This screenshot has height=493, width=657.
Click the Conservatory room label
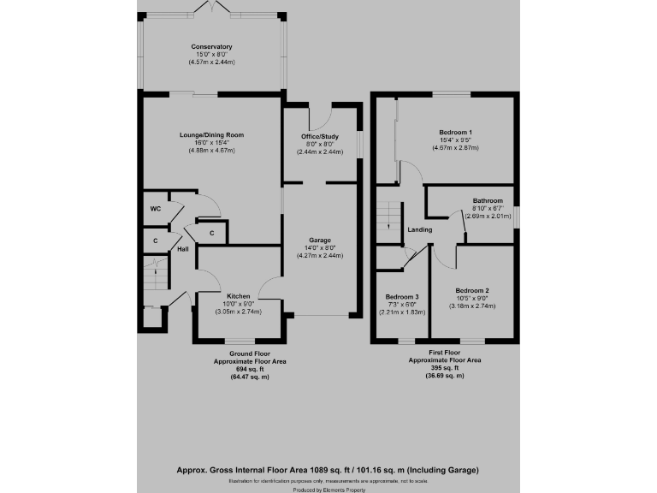click(x=212, y=46)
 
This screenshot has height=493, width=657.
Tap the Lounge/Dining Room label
click(x=212, y=135)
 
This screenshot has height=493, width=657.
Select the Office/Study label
click(x=321, y=137)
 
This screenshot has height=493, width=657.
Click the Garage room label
click(x=321, y=241)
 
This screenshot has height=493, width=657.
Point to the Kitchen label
click(x=238, y=296)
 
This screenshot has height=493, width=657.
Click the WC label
click(x=156, y=209)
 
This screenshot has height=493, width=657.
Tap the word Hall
click(x=182, y=249)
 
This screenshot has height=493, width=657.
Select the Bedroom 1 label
click(x=455, y=133)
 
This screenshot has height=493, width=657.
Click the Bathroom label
click(x=488, y=200)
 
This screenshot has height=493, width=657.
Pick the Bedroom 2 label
click(x=472, y=290)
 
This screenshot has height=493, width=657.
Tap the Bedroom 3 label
click(x=402, y=297)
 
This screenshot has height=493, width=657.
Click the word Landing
click(x=420, y=229)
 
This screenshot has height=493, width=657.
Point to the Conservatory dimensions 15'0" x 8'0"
click(x=212, y=55)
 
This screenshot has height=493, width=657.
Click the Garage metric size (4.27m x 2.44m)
click(x=321, y=256)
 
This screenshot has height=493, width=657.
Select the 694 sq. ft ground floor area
click(x=250, y=369)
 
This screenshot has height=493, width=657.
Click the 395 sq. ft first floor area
click(x=444, y=369)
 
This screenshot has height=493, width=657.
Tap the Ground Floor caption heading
click(x=250, y=353)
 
